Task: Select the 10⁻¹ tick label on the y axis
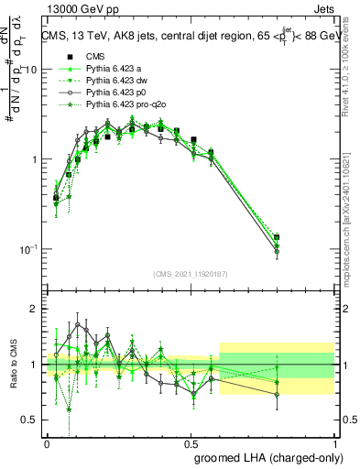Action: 29,249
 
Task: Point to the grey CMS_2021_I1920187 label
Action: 191,273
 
